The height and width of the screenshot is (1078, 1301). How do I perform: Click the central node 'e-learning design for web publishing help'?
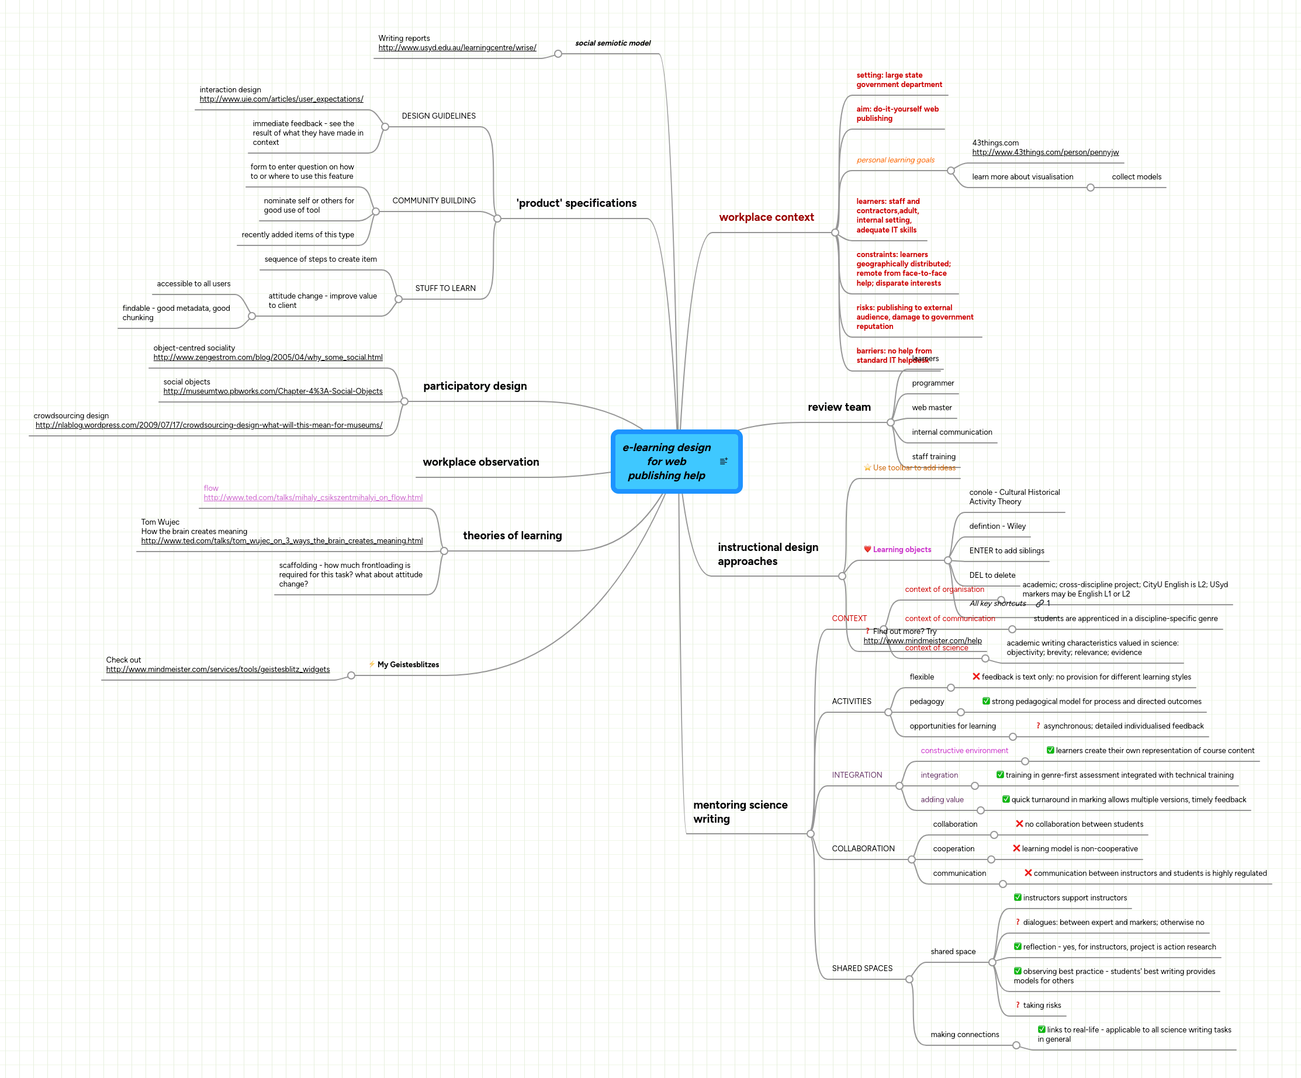667,462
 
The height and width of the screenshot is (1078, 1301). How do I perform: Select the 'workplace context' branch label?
766,217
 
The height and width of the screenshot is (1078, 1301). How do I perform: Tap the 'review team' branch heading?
839,407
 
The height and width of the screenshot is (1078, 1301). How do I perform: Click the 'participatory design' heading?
475,386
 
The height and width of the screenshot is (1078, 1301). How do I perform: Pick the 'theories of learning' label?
513,536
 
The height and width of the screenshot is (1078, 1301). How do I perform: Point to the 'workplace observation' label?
481,462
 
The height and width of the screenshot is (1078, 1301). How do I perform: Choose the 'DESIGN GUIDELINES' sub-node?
438,116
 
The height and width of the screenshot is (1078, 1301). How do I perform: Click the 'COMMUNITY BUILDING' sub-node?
434,200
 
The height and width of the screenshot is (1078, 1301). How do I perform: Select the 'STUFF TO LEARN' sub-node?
445,288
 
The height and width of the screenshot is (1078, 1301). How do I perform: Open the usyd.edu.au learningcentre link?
457,48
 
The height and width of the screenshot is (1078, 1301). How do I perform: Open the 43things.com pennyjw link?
1045,152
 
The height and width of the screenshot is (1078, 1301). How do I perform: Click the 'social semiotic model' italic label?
613,43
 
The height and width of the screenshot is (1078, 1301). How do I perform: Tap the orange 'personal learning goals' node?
895,160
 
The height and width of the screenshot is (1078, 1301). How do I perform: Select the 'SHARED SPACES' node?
861,968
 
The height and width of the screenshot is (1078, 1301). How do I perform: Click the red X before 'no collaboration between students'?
1019,823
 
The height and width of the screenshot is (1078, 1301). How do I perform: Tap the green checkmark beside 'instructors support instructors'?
1018,897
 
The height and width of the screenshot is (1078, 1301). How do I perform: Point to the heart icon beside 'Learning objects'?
867,549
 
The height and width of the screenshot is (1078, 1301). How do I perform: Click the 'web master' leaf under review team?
931,407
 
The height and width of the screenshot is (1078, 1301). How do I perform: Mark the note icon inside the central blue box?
724,462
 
